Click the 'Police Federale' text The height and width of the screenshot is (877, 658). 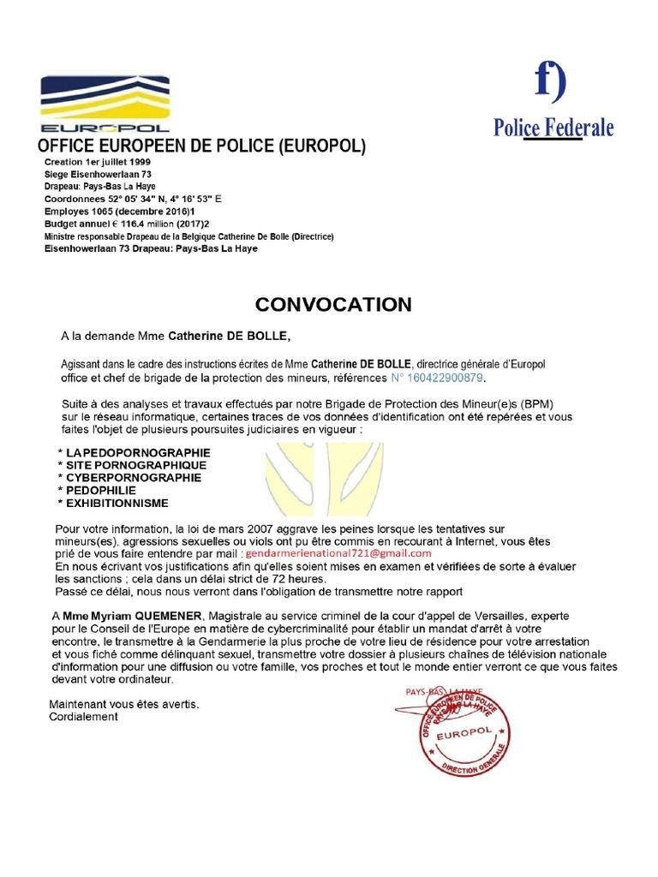pyautogui.click(x=553, y=128)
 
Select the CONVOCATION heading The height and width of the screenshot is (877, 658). pyautogui.click(x=333, y=305)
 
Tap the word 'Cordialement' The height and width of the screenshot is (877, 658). pyautogui.click(x=83, y=717)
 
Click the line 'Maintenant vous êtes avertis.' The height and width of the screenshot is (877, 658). pyautogui.click(x=123, y=704)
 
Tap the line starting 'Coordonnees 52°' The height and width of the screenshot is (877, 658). pyautogui.click(x=133, y=198)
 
